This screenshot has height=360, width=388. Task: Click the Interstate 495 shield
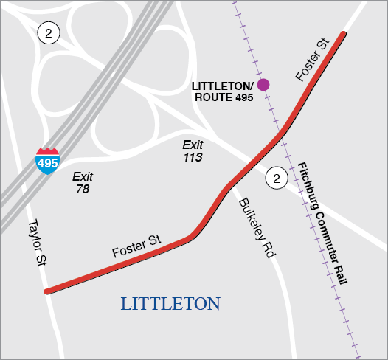47,160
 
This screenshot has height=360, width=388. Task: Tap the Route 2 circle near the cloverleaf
49,32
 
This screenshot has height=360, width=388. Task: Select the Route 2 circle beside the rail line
277,178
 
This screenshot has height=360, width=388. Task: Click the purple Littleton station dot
263,84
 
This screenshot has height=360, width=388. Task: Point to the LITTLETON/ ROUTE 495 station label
222,91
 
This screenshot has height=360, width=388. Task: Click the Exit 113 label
193,151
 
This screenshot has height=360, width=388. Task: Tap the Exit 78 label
82,183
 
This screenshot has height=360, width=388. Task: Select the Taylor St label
35,244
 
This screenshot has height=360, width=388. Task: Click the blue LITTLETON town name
170,304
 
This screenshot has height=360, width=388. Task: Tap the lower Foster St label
136,246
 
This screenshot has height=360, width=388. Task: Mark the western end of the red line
47,291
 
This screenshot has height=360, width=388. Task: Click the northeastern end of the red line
343,34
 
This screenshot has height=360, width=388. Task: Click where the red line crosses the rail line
283,132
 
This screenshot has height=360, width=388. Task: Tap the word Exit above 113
193,145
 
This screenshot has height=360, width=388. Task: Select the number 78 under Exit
82,190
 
